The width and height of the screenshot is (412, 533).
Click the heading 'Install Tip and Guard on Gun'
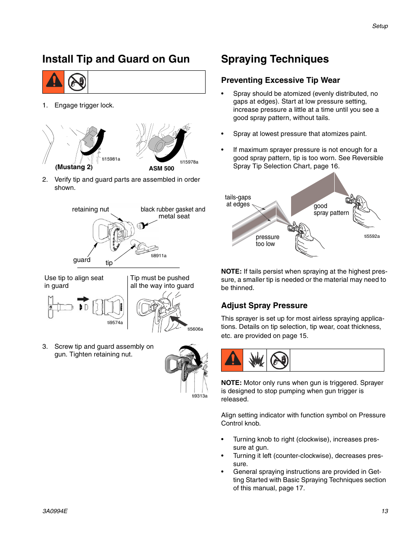pyautogui.click(x=116, y=59)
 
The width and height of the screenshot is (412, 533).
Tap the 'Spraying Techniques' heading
pyautogui.click(x=275, y=59)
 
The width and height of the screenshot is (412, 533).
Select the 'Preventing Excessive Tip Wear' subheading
pyautogui.click(x=280, y=80)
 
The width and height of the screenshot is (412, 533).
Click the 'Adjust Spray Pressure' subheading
pyautogui.click(x=264, y=306)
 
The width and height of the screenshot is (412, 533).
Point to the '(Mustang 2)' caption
pyautogui.click(x=74, y=167)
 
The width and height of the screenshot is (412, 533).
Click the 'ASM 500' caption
pyautogui.click(x=162, y=168)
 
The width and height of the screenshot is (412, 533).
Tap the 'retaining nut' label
pyautogui.click(x=90, y=209)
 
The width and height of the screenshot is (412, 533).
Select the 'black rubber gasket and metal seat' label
pyautogui.click(x=173, y=213)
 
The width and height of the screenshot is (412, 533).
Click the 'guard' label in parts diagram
pyautogui.click(x=82, y=260)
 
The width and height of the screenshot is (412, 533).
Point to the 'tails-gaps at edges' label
pyautogui.click(x=238, y=201)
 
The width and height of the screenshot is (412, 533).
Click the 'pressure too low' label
pyautogui.click(x=267, y=240)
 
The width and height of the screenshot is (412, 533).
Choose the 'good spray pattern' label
pyautogui.click(x=331, y=209)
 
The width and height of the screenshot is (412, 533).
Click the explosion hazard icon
pyautogui.click(x=256, y=360)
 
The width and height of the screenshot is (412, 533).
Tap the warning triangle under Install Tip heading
pyautogui.click(x=54, y=82)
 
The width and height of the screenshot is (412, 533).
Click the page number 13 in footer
pyautogui.click(x=384, y=511)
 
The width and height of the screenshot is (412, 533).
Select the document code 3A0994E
pyautogui.click(x=55, y=511)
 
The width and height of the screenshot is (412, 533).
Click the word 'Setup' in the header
pyautogui.click(x=380, y=26)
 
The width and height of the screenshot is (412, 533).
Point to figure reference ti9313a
pyautogui.click(x=200, y=396)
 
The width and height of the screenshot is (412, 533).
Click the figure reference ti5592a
pyautogui.click(x=372, y=236)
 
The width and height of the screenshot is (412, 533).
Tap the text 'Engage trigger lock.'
pyautogui.click(x=84, y=105)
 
